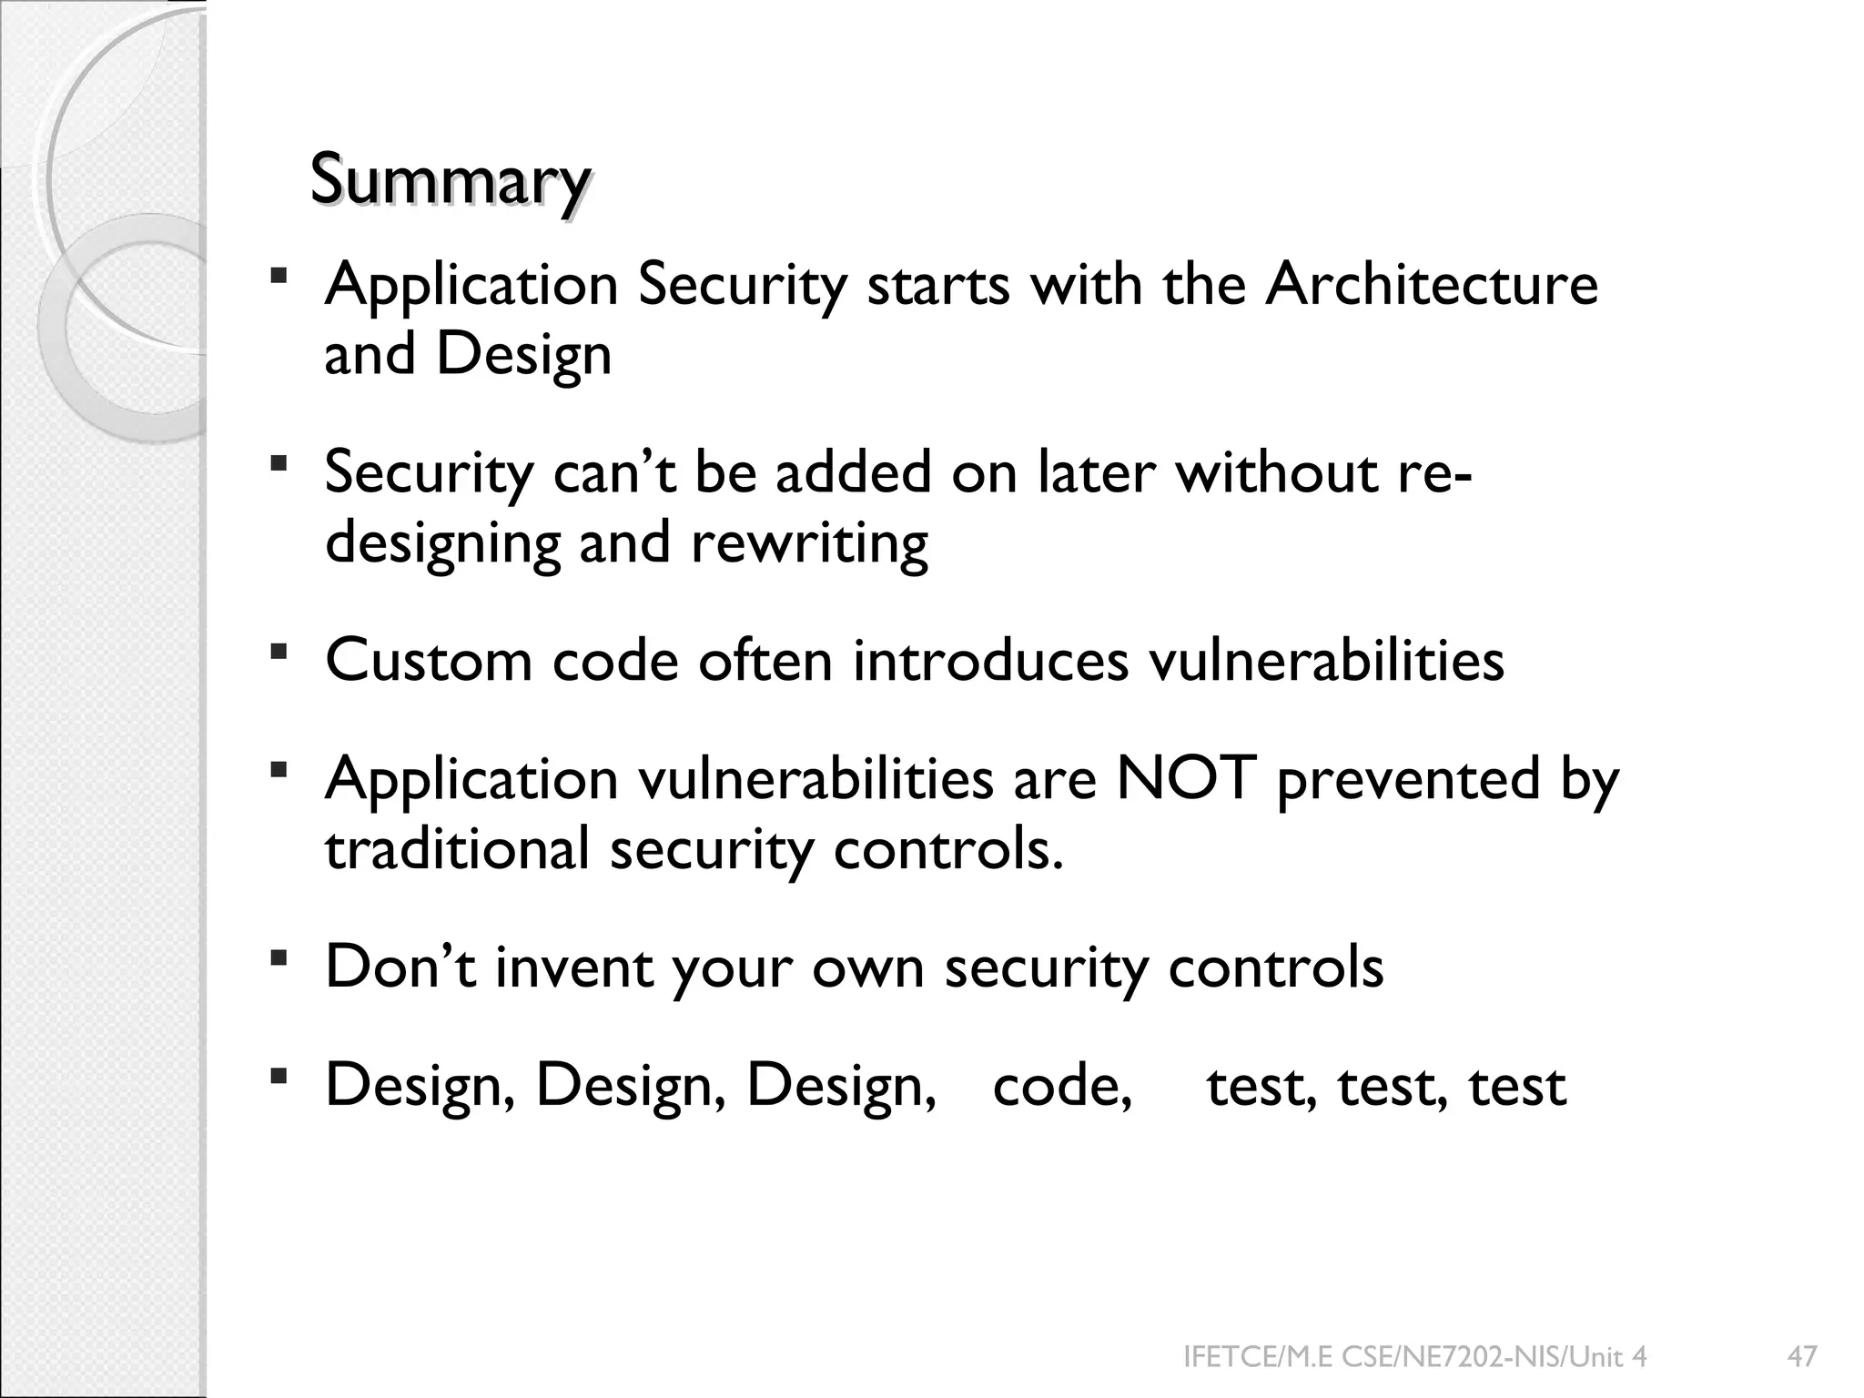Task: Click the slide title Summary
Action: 450,181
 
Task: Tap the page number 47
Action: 1802,1357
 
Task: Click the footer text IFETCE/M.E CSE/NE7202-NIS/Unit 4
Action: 1414,1357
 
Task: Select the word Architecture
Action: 1432,285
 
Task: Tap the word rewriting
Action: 809,543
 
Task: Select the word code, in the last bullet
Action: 1062,1086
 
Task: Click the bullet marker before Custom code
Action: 279,652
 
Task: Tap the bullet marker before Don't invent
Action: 279,958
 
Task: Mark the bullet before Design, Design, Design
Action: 279,1078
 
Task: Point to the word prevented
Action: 1408,779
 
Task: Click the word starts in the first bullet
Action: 938,285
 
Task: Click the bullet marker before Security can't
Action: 279,465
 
